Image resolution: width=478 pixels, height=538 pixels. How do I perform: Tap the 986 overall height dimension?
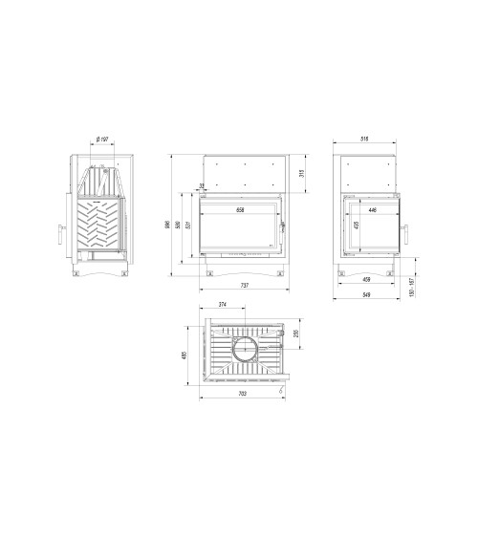167,226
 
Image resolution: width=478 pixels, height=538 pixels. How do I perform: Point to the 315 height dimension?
302,173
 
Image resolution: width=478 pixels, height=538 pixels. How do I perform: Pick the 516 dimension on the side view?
365,140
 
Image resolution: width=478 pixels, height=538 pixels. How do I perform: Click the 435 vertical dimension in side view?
356,226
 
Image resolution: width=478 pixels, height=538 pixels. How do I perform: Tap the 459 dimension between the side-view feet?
366,280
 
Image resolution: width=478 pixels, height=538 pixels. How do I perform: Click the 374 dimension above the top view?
223,305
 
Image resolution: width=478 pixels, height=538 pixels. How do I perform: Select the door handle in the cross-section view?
60,234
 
